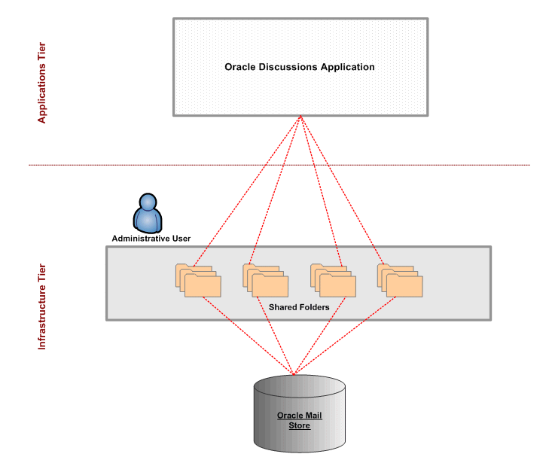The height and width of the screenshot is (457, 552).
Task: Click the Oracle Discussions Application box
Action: point(300,90)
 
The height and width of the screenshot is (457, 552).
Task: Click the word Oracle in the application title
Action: point(241,67)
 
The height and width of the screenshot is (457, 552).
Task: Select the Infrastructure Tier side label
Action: point(42,306)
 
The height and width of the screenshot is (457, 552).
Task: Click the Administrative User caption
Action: point(151,239)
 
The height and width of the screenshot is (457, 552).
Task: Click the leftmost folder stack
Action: point(198,280)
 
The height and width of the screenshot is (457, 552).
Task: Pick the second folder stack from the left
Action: point(265,280)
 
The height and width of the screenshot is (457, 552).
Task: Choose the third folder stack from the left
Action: point(333,280)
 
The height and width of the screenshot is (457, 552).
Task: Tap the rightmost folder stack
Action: point(400,280)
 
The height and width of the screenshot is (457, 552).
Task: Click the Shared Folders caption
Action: point(299,307)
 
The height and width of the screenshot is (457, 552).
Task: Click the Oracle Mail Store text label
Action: point(299,420)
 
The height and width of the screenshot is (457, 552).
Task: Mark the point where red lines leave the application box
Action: point(300,117)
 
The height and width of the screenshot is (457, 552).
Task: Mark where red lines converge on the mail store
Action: point(293,373)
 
